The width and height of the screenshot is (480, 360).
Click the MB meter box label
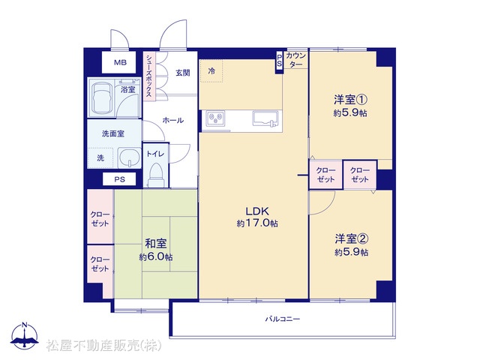[x=120, y=63]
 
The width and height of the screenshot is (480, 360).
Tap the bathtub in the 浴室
[x=102, y=97]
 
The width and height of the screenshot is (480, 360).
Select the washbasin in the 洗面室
[x=129, y=157]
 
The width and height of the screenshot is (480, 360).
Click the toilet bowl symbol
[x=156, y=175]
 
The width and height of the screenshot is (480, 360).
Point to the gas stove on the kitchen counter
[x=215, y=118]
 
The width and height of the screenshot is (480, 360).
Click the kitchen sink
[x=265, y=118]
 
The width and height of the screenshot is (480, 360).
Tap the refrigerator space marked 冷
[x=211, y=71]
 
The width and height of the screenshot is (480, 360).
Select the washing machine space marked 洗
[x=100, y=158]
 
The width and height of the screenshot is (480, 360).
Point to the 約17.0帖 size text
[x=257, y=223]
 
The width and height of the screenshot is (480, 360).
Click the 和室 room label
[x=156, y=244]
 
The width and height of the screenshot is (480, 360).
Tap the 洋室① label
[x=350, y=100]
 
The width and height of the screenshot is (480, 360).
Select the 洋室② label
[x=352, y=238]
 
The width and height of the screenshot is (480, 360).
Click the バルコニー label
[x=282, y=319]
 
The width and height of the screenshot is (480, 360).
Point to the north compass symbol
[x=25, y=336]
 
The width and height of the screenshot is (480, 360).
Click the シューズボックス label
[x=149, y=76]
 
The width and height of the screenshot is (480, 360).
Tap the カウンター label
[x=295, y=60]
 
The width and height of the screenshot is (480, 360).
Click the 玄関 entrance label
[x=183, y=73]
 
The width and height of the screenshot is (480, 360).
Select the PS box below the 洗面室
[x=119, y=179]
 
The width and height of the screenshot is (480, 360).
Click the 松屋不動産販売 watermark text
[x=104, y=346]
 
